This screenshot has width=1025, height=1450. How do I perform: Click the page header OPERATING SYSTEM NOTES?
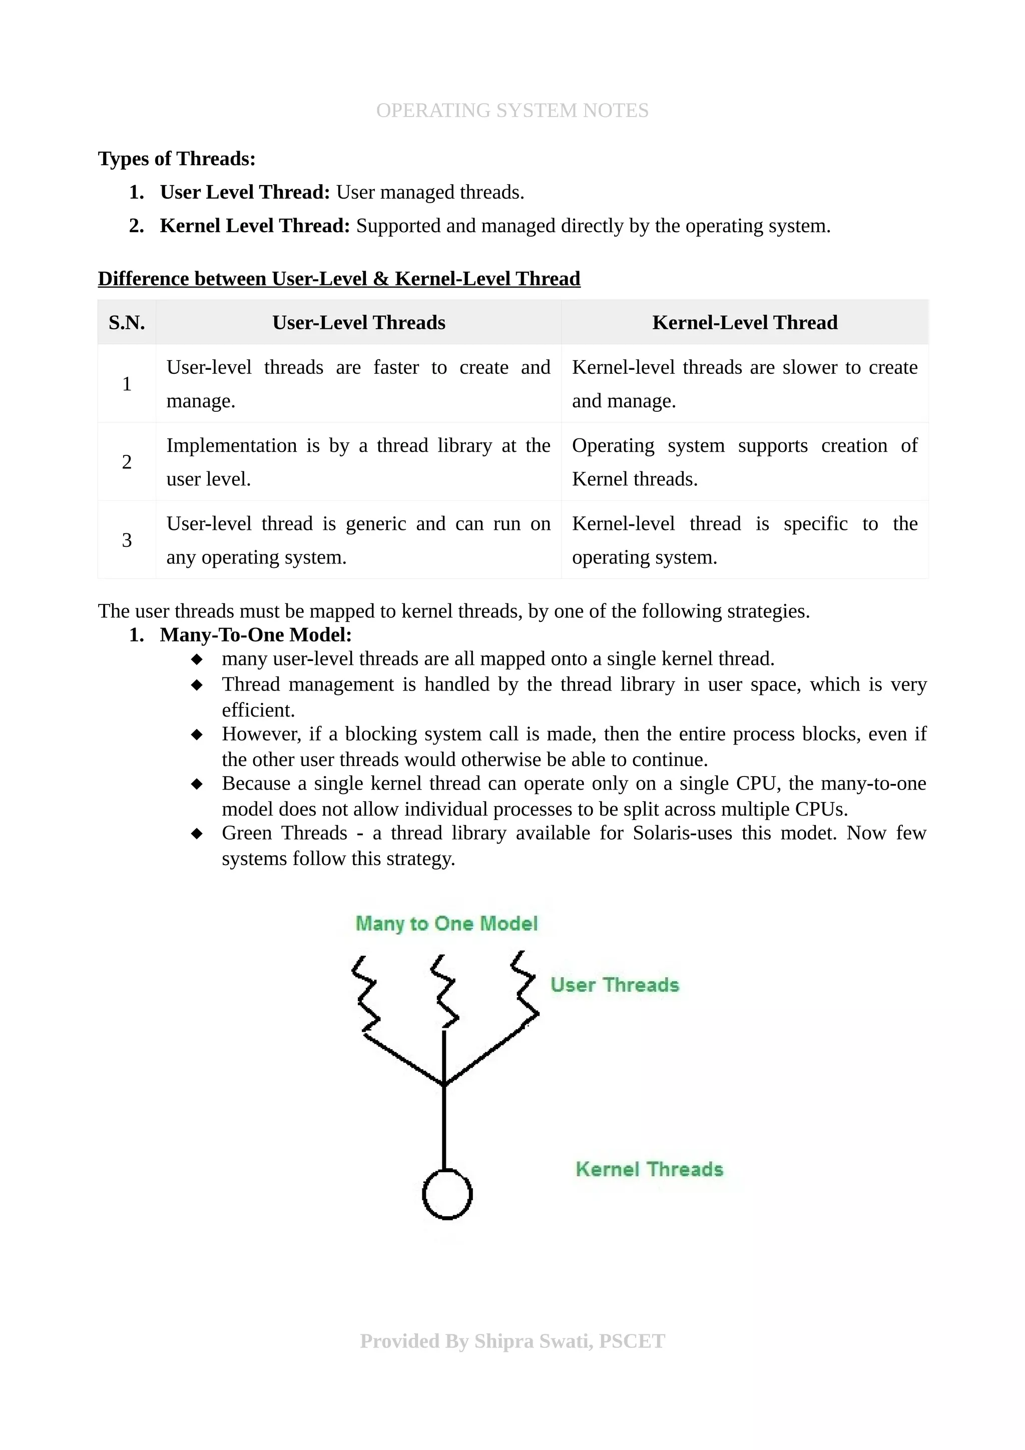pos(511,111)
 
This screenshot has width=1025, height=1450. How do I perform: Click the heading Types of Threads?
pos(176,159)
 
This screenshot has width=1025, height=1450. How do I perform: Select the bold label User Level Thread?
pos(244,192)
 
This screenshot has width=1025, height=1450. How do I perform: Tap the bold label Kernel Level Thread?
pos(255,226)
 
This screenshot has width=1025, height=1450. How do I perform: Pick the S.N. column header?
pos(126,323)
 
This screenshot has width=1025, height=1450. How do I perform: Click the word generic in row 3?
pos(375,523)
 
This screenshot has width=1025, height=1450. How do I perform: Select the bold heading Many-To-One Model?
pos(255,635)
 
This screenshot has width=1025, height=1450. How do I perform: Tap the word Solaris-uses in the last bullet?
pos(682,833)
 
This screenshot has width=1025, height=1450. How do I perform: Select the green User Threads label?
pos(614,985)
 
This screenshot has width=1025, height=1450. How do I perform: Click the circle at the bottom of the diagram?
pos(446,1194)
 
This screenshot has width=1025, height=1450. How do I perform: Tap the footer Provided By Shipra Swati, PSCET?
pos(511,1341)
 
